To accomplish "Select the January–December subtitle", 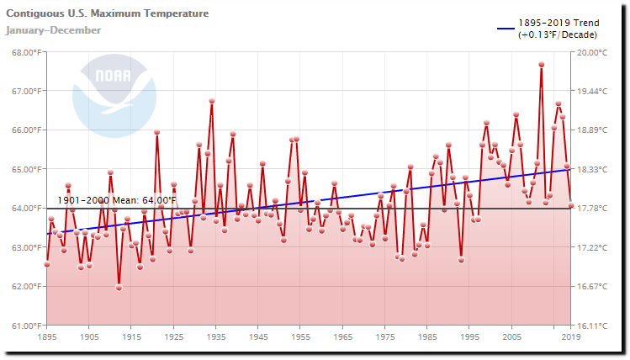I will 53,31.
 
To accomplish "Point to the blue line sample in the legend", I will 506,29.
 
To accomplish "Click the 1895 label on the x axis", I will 47,337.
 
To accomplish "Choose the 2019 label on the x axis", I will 571,337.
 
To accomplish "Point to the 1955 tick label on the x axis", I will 300,337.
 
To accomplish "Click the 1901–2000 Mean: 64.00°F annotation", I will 117,200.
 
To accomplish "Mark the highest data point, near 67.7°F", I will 542,65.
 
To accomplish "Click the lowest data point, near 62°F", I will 119,288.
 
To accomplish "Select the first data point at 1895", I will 47,264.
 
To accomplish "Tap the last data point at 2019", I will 571,205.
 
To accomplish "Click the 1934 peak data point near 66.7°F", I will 212,101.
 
